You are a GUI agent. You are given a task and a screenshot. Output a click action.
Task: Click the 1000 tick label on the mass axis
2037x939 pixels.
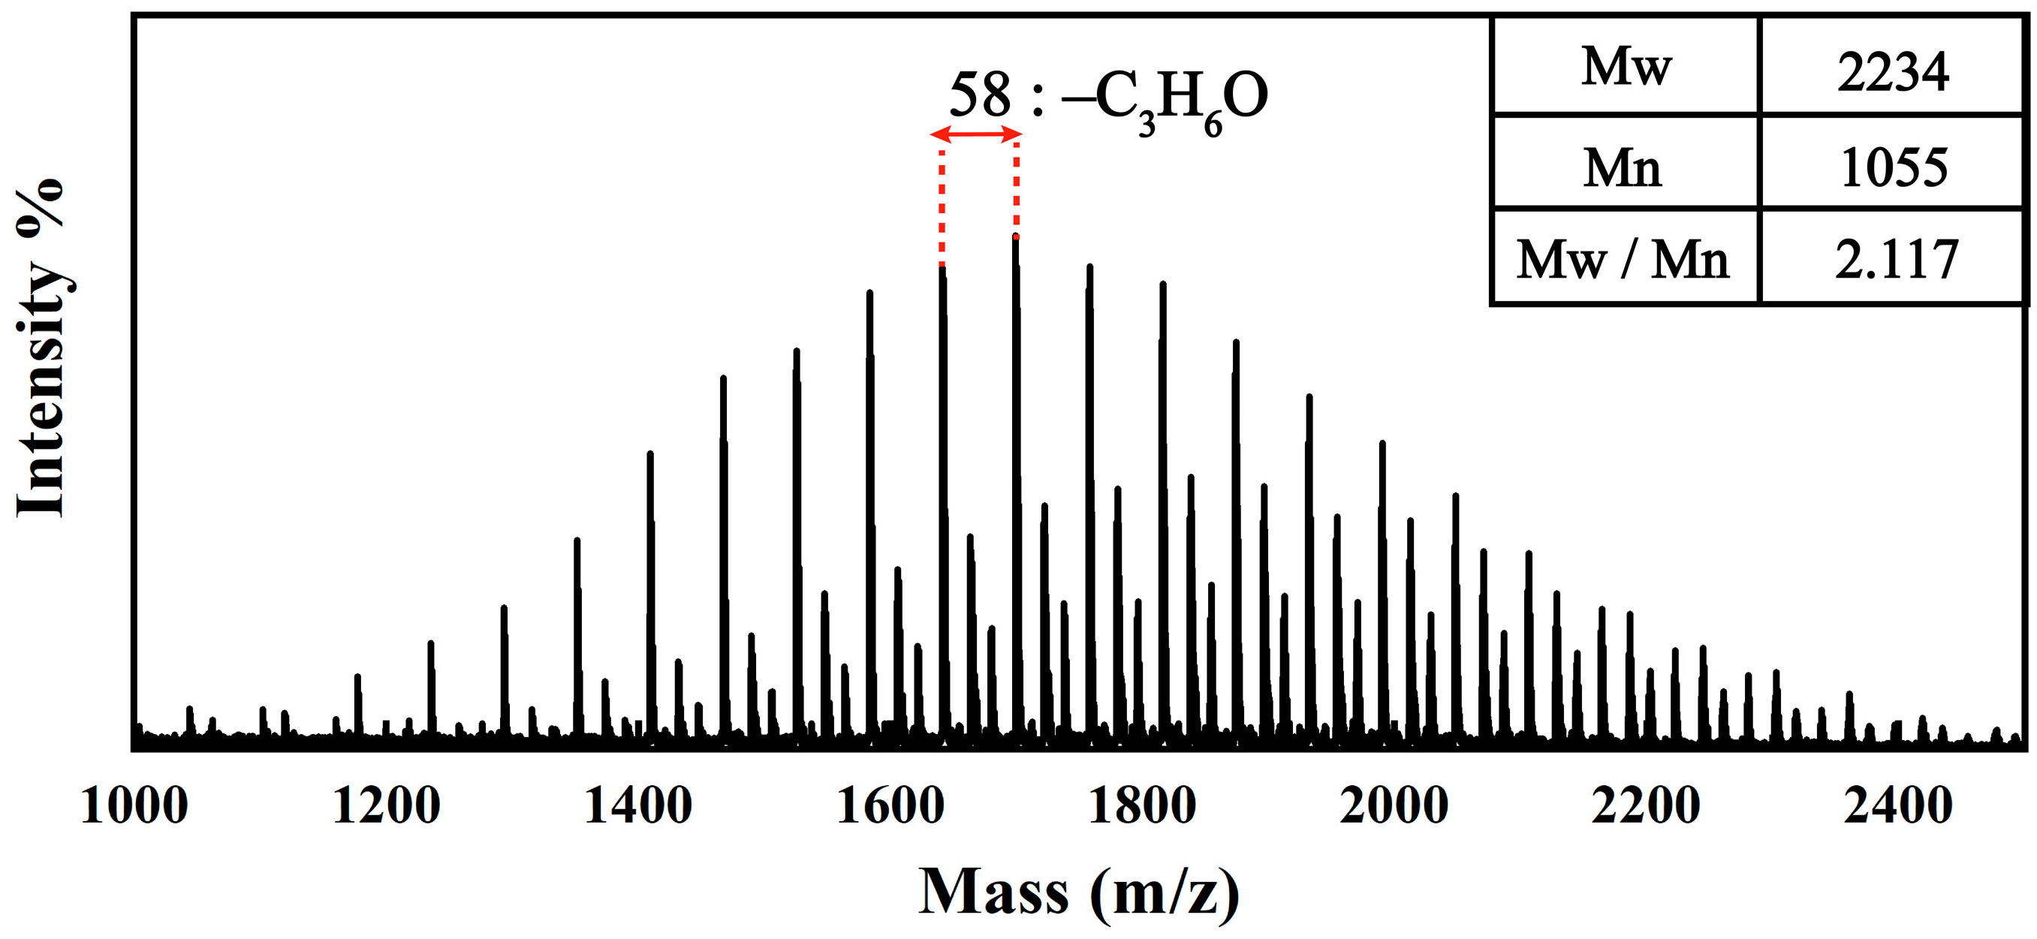134,807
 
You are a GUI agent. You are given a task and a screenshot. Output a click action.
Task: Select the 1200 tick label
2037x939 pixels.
386,807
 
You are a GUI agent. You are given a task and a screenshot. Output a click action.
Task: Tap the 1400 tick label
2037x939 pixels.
637,807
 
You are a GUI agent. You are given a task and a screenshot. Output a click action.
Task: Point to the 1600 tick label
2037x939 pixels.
890,807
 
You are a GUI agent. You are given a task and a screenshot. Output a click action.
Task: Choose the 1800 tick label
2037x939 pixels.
1142,807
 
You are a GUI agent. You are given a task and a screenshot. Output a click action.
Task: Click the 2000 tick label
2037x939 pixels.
1394,807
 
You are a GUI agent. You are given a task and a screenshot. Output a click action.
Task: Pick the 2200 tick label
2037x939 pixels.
1646,807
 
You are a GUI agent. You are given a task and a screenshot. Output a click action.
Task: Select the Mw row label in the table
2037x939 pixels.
1626,68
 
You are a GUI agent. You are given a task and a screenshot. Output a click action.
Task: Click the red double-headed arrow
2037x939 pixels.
977,135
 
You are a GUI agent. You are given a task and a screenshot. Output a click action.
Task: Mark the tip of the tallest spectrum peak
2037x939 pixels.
1015,238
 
